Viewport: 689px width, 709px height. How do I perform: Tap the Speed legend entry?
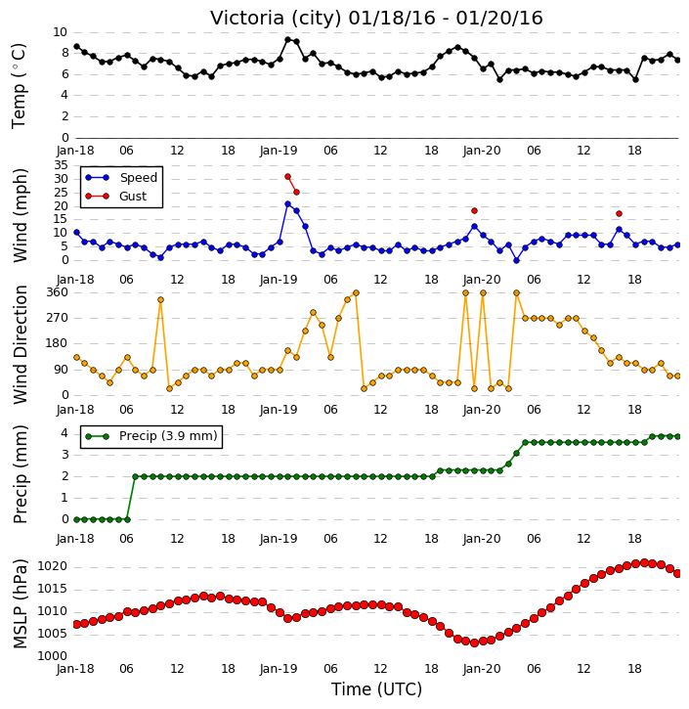[121, 178]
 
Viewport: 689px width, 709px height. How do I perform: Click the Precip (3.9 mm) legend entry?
[151, 436]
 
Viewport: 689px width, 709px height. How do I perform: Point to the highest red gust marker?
[287, 177]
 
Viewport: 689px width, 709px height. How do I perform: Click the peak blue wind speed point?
[287, 204]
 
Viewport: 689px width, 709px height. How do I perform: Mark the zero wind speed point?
[516, 260]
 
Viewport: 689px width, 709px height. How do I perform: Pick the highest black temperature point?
[287, 40]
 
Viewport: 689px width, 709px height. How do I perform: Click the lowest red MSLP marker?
[474, 643]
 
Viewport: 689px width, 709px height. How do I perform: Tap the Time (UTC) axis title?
[376, 689]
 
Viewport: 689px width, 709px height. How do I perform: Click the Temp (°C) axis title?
[19, 86]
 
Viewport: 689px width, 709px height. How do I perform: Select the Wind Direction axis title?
[20, 344]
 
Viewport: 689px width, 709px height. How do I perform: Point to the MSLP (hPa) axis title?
[20, 603]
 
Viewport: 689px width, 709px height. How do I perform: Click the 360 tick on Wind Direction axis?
[58, 292]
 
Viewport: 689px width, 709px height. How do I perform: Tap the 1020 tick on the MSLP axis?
[53, 566]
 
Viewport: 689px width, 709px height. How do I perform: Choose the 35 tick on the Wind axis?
[61, 165]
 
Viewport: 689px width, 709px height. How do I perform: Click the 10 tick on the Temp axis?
[60, 32]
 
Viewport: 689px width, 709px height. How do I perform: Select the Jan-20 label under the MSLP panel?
[482, 668]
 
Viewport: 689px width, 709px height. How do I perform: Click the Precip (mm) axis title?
[20, 474]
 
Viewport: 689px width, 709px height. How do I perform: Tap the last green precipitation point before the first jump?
[127, 519]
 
